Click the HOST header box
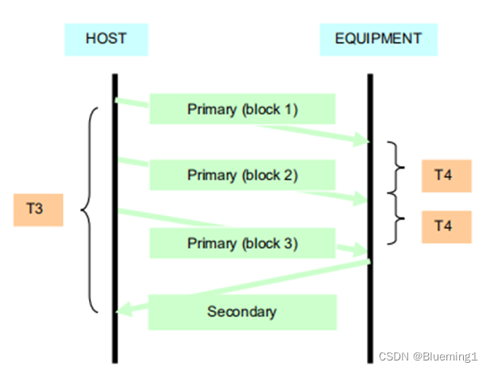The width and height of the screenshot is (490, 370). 106,38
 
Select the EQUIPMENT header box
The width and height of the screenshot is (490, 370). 379,38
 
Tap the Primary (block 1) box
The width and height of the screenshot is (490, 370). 242,109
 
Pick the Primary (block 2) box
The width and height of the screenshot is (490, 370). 242,175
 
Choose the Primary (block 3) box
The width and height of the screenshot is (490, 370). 242,244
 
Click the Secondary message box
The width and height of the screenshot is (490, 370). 242,311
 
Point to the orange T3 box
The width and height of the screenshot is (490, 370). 37,210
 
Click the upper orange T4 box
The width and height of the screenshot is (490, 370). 446,175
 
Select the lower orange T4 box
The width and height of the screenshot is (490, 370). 446,226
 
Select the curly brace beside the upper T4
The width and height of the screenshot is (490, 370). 392,168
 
